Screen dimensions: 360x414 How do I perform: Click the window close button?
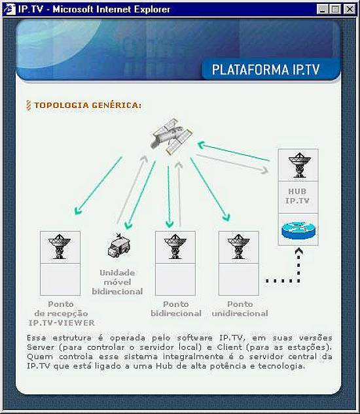point(349,9)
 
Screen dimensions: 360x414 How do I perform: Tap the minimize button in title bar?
point(323,9)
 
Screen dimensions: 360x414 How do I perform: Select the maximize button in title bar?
point(335,9)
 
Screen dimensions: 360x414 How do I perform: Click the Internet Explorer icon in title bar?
point(10,10)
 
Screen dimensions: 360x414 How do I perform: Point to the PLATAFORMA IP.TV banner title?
point(266,69)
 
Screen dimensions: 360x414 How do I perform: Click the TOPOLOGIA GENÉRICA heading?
point(88,105)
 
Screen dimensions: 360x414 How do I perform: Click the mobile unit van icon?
point(118,245)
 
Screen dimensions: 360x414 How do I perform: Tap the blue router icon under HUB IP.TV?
point(298,230)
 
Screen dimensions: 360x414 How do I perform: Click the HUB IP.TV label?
point(297,196)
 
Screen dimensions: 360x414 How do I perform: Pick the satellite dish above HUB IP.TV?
point(300,165)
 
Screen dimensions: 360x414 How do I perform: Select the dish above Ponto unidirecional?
point(239,247)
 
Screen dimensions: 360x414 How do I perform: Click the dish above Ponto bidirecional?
point(175,247)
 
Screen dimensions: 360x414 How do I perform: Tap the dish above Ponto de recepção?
point(60,247)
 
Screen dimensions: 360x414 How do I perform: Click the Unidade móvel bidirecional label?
point(117,282)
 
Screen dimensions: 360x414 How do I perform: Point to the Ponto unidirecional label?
point(240,309)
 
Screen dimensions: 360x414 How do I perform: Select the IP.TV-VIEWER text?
point(62,322)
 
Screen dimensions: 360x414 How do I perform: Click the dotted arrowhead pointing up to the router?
point(298,251)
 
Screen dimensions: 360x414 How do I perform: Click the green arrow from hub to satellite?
point(234,152)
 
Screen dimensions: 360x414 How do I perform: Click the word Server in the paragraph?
point(41,347)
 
